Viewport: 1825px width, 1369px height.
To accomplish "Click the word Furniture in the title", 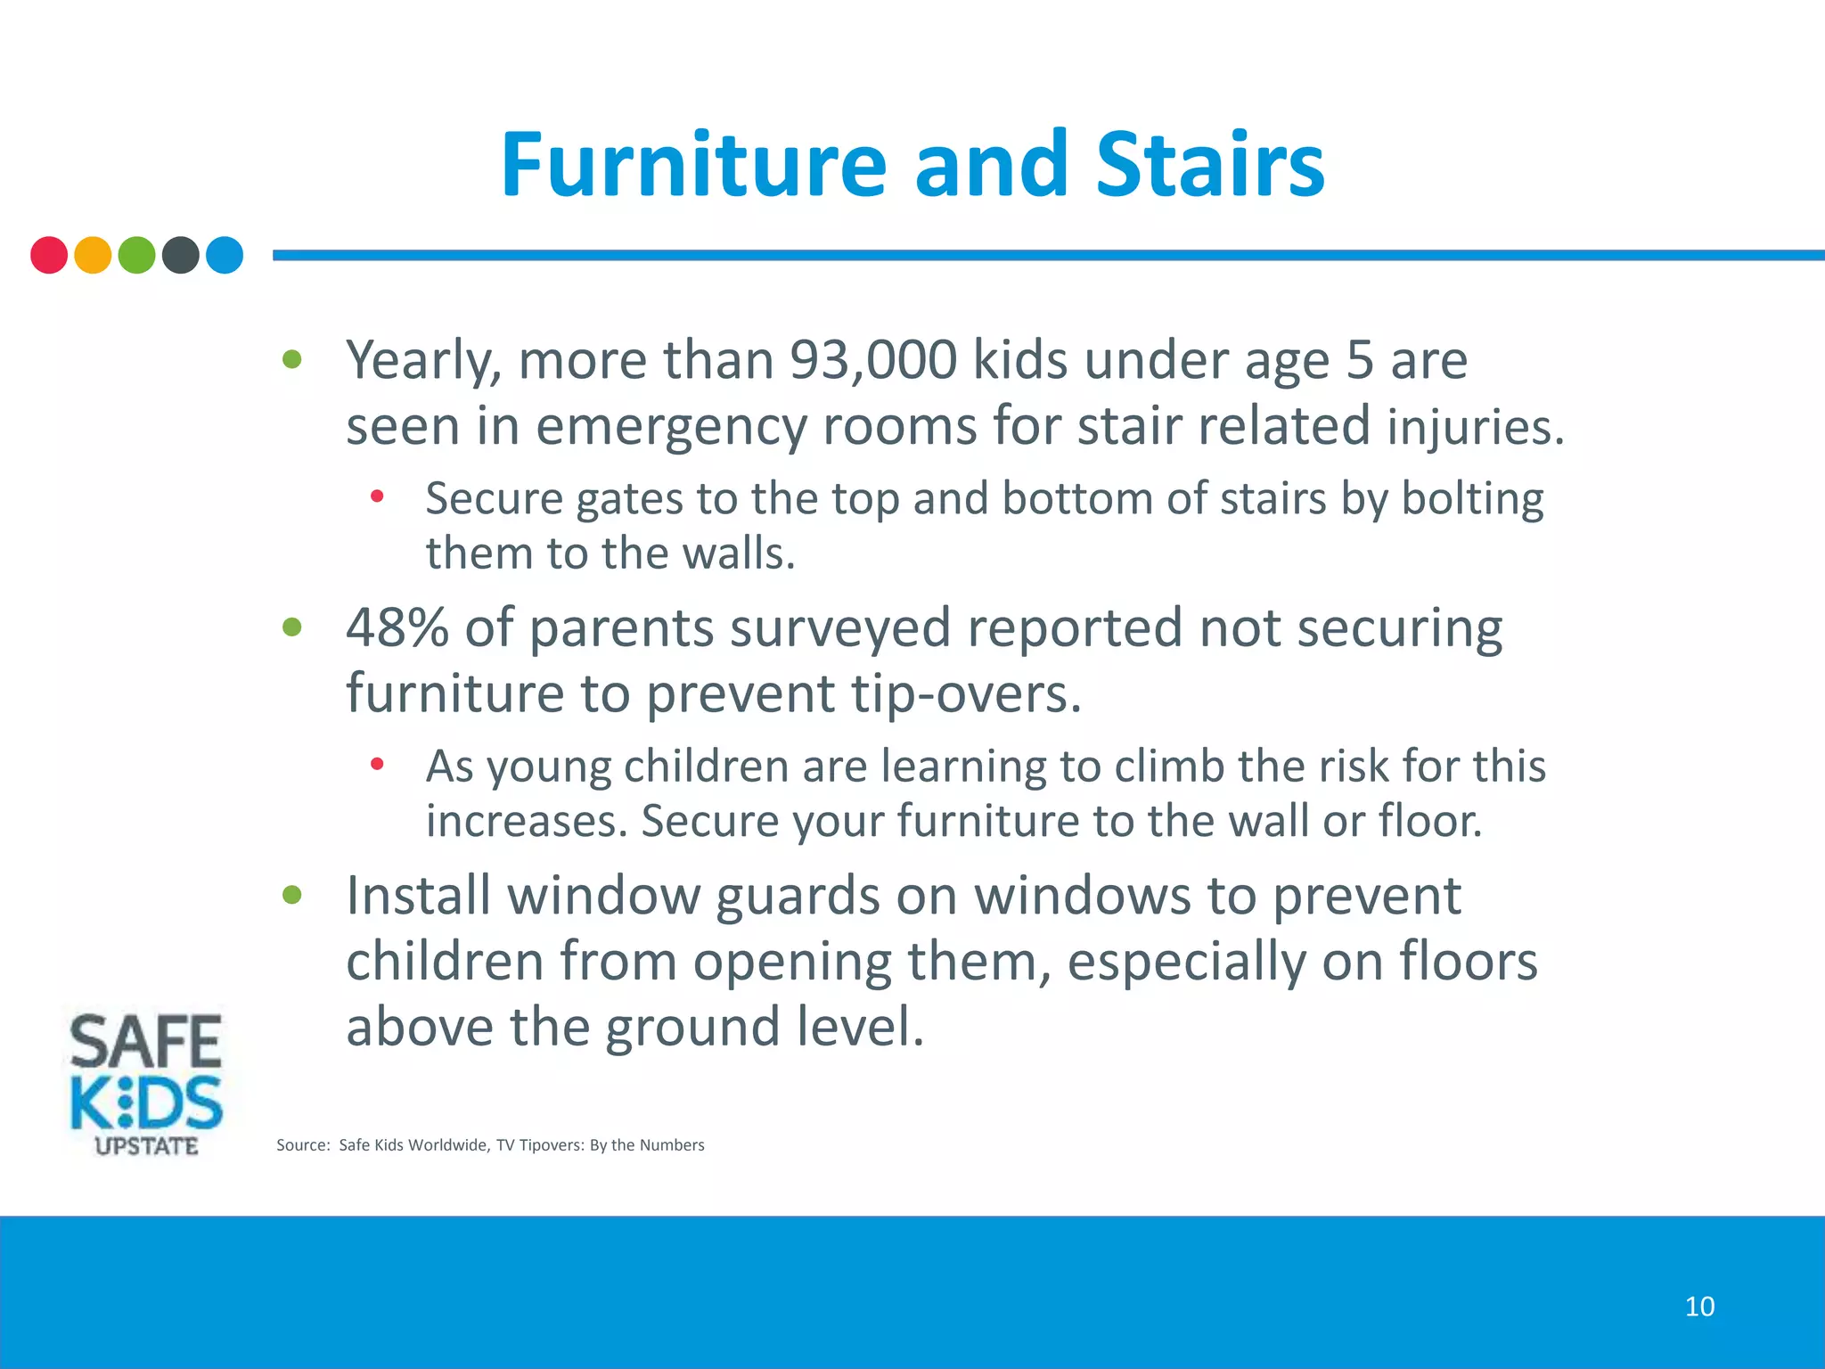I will pos(693,166).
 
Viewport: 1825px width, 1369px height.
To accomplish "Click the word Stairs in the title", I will pos(1209,166).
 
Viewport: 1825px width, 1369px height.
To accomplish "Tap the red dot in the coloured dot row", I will pos(49,255).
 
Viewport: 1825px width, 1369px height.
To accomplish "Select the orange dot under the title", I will pos(93,255).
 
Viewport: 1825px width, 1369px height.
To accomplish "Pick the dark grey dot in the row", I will pos(181,255).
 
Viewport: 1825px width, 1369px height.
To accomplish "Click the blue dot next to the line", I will pos(225,255).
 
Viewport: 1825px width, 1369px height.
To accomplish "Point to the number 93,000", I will pos(873,360).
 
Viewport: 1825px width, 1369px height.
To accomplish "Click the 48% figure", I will pos(397,627).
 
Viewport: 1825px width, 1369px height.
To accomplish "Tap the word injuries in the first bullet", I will pos(1475,428).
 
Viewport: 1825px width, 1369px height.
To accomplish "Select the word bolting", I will pos(1472,499).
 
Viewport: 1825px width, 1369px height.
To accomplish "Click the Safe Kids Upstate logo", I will pos(146,1083).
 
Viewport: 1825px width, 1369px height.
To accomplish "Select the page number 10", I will pos(1699,1307).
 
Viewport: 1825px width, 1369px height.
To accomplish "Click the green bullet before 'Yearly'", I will pos(292,360).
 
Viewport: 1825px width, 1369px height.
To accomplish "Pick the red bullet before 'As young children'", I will pos(377,764).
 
